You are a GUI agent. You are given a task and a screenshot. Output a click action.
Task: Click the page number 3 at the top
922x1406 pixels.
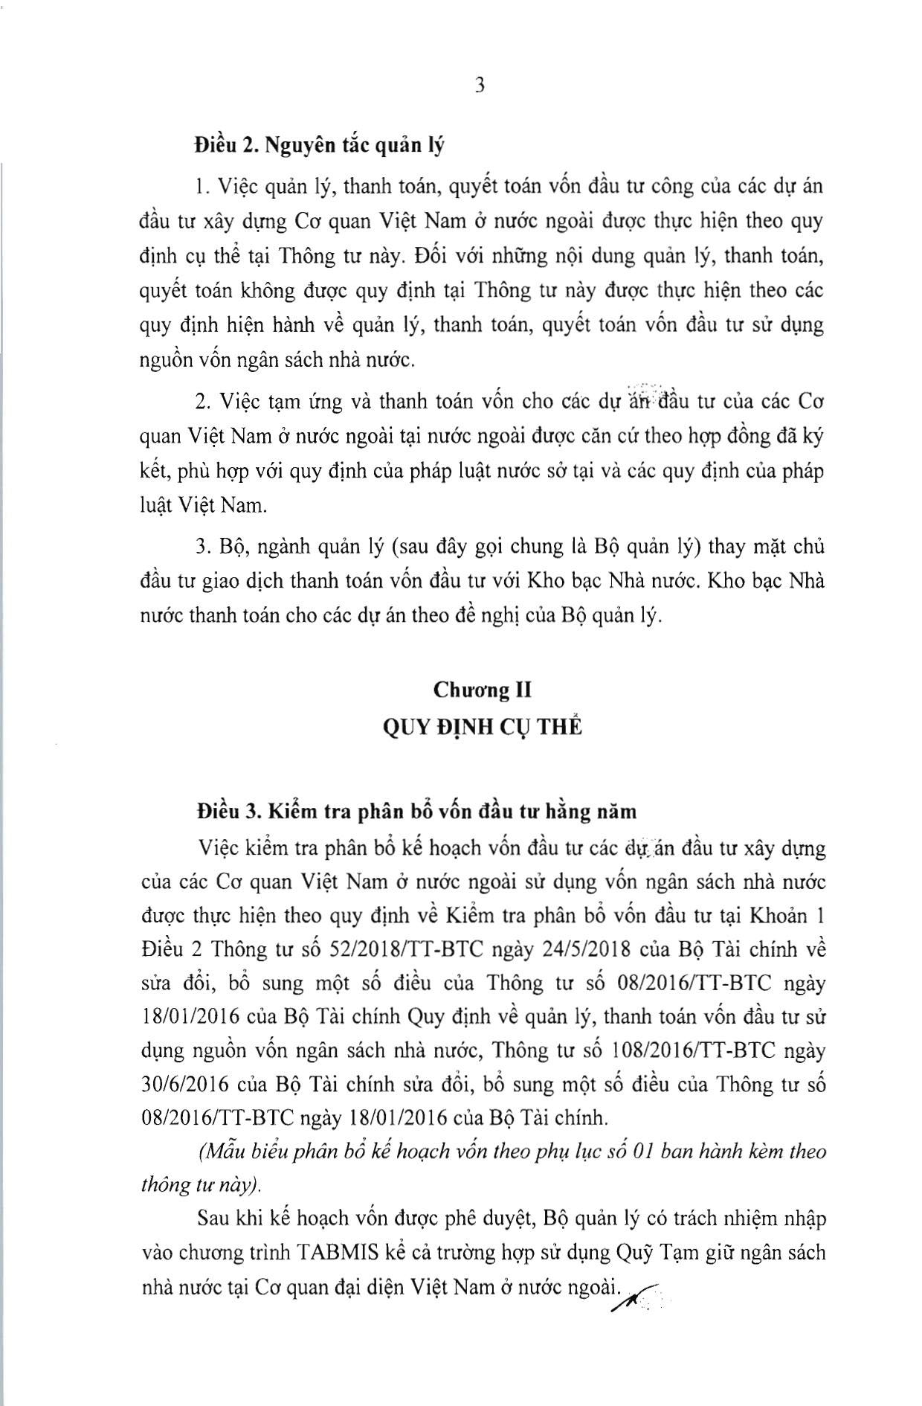(x=480, y=86)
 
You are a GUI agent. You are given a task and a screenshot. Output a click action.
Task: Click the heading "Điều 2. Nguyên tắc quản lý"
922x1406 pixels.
(x=319, y=144)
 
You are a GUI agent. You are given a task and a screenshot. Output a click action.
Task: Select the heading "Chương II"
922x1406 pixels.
(x=483, y=690)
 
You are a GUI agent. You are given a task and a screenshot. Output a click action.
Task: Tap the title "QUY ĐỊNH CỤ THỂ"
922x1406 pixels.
(x=482, y=727)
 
